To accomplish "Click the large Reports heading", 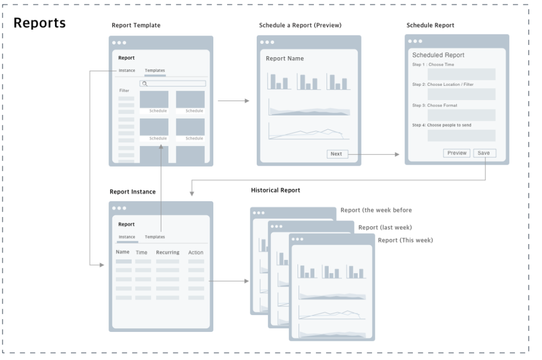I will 39,23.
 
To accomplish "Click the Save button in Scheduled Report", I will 484,153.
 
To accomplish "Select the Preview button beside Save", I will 457,153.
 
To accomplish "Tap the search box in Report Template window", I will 173,84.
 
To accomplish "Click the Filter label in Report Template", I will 124,91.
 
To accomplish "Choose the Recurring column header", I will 167,253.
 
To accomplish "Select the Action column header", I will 196,253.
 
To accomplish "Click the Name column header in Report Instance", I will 123,252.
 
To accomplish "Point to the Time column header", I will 141,253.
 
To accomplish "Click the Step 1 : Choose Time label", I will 433,65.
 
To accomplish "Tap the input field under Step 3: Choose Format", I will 461,115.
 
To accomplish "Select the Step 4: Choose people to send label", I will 441,125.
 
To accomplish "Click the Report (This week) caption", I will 405,240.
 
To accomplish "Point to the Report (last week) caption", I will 385,228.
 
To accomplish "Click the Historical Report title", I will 275,190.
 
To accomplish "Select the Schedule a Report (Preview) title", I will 300,25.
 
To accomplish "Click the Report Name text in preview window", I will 285,58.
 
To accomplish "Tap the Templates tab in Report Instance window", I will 155,237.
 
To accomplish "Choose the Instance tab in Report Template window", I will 127,70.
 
